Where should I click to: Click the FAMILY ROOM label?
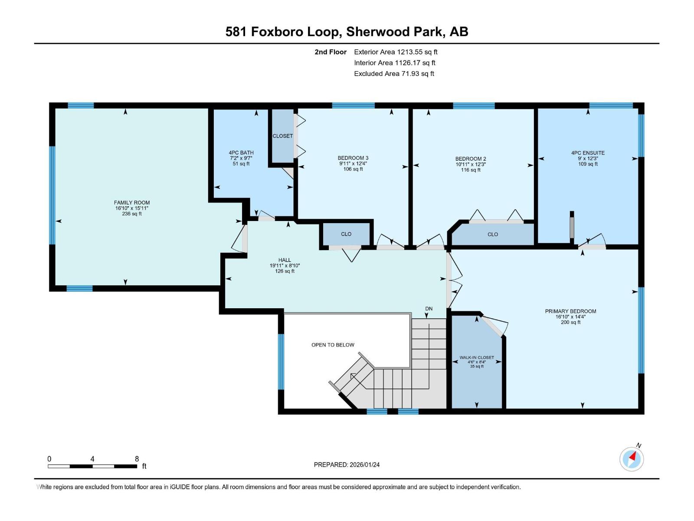(132, 202)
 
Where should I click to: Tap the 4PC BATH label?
(241, 152)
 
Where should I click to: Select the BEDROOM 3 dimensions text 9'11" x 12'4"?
(353, 164)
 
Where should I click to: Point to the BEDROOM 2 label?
(471, 159)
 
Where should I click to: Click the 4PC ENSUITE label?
(588, 153)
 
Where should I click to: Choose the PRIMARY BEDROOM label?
(570, 311)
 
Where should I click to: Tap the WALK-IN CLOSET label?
(477, 358)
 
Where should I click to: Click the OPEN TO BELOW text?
(333, 345)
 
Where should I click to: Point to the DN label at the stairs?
(429, 309)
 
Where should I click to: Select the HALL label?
(285, 260)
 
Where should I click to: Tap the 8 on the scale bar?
(137, 459)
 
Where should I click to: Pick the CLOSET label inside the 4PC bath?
(282, 136)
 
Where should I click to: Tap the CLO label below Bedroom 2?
(493, 234)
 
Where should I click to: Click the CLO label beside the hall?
(346, 234)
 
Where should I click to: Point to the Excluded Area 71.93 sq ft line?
(394, 73)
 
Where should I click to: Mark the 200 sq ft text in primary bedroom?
(570, 322)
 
